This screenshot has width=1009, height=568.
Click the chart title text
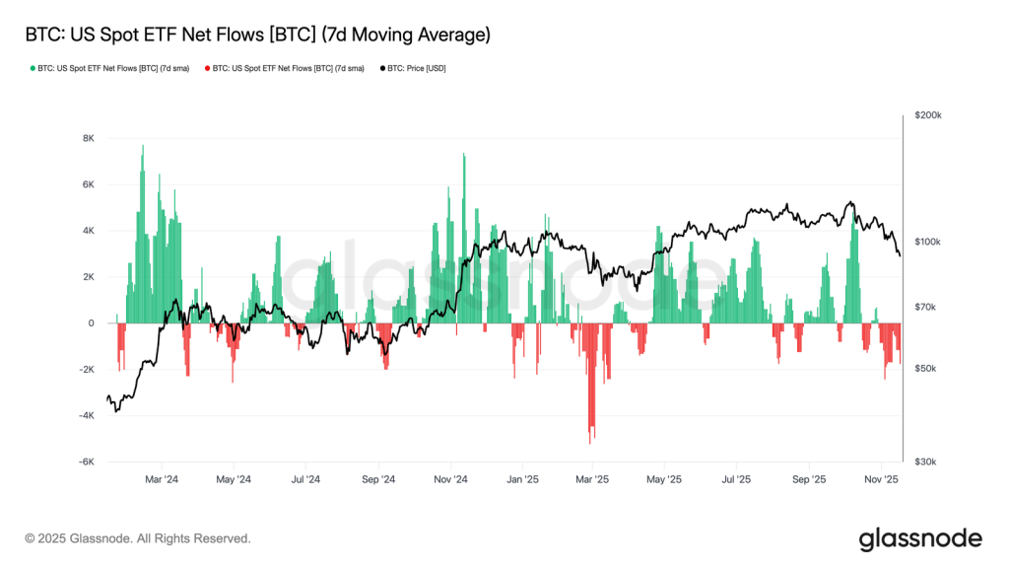(257, 35)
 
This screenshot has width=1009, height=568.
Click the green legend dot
(33, 68)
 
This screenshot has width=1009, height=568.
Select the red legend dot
(207, 68)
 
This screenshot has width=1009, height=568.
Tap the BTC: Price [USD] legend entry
(413, 68)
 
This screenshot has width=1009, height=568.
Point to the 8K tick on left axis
(88, 138)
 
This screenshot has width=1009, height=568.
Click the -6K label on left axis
(87, 461)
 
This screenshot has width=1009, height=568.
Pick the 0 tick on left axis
(92, 323)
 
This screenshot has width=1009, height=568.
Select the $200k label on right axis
(928, 115)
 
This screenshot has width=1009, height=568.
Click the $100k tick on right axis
(928, 242)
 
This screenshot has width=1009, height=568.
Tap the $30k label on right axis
(925, 461)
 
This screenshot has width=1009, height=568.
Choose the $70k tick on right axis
(925, 308)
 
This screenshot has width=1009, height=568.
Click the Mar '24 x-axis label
(162, 480)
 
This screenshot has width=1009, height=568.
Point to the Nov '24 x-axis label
(450, 480)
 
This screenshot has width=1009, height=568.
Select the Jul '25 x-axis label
(736, 480)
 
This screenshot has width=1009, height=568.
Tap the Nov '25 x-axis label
(881, 480)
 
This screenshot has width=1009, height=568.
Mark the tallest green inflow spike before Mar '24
(143, 146)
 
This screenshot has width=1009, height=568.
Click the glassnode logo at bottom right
(920, 539)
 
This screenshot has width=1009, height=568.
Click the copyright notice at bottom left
(138, 538)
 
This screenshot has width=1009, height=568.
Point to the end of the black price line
(900, 255)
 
